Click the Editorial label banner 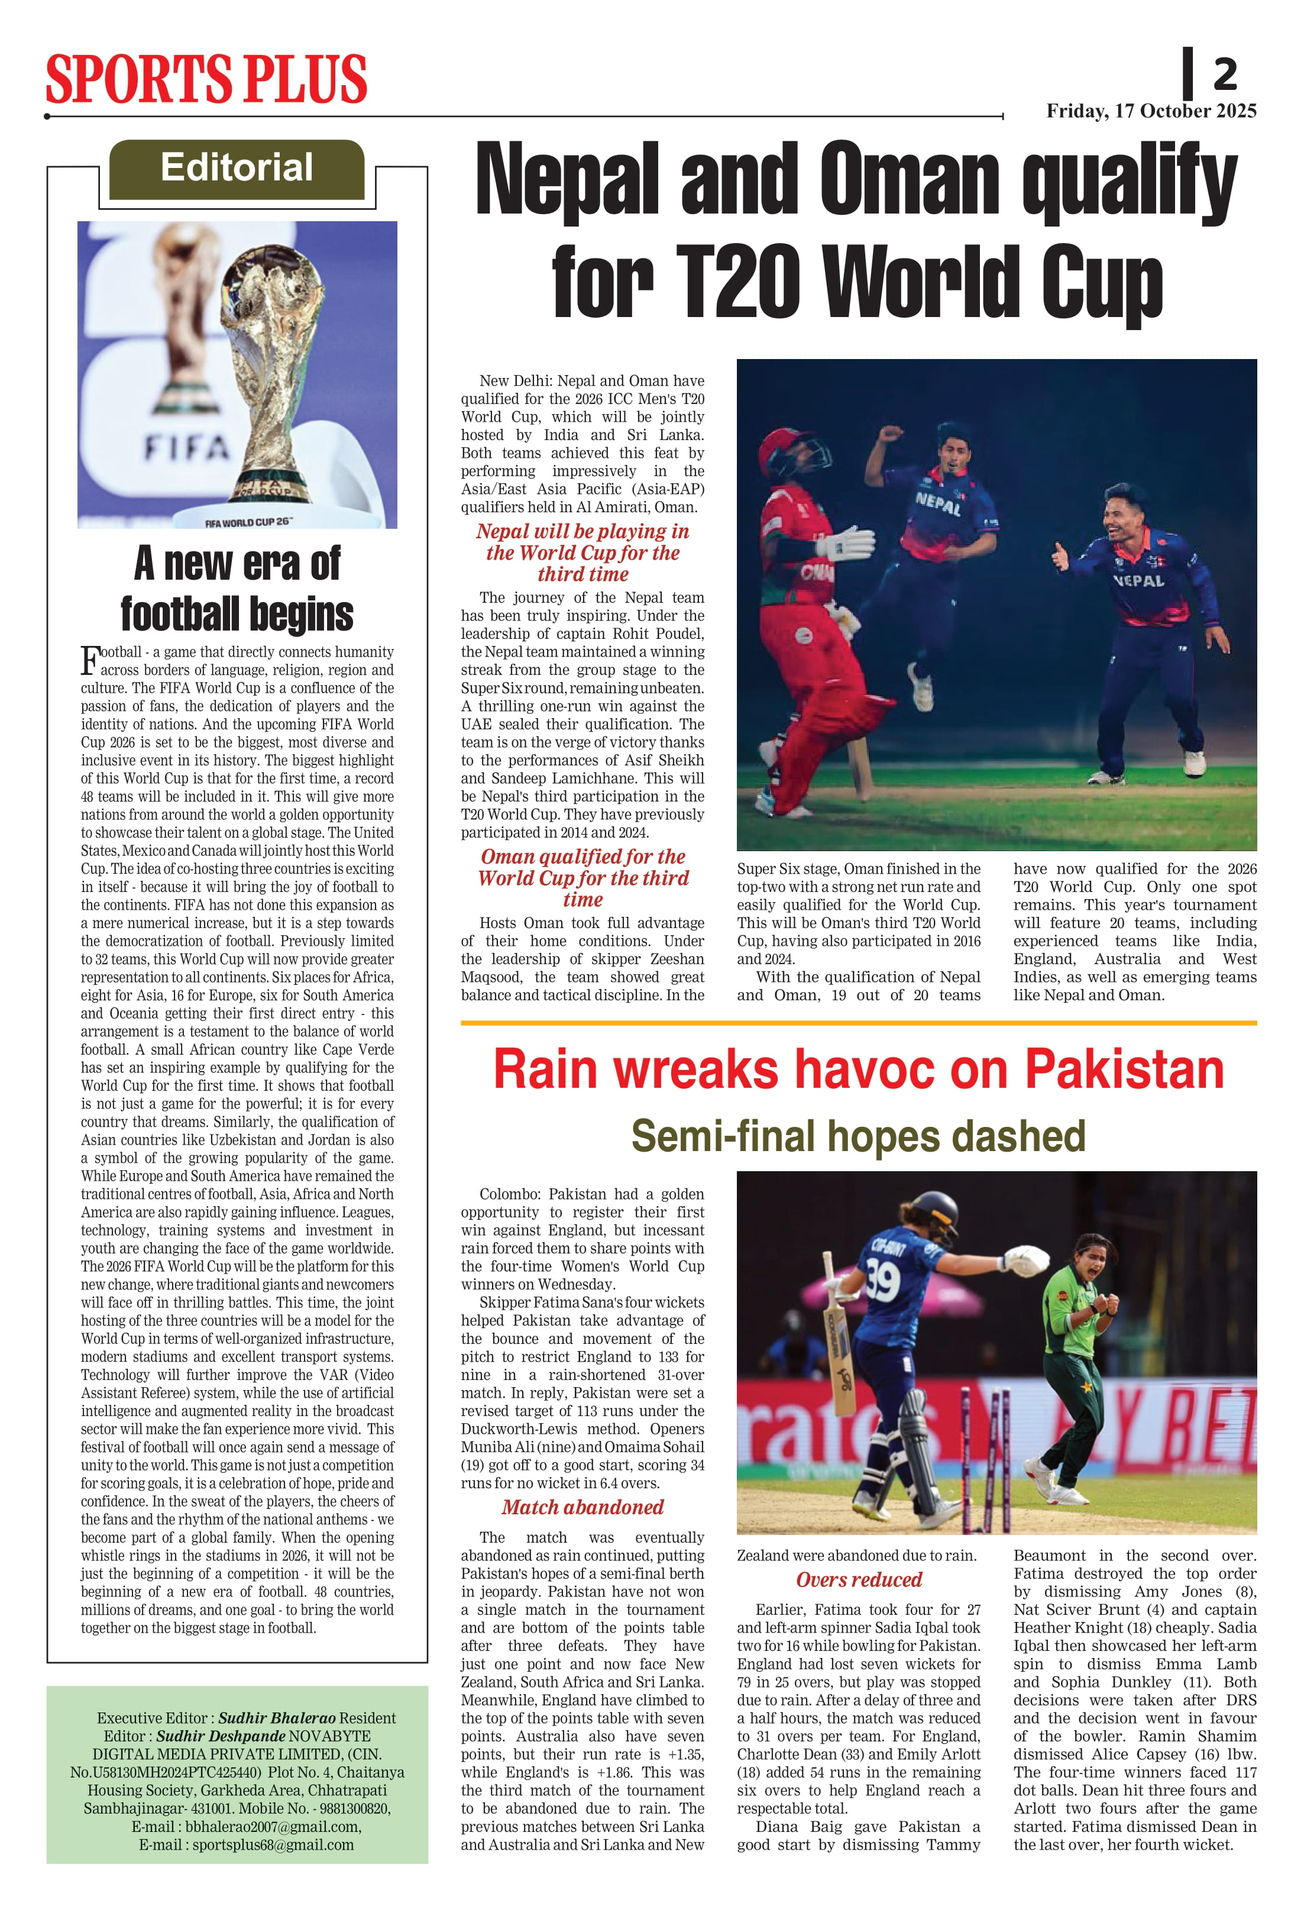(x=237, y=169)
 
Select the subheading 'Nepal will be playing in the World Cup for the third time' (x=583, y=552)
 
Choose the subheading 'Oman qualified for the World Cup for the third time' (x=583, y=878)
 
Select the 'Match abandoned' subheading (x=583, y=1507)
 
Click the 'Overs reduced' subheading (x=859, y=1579)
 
